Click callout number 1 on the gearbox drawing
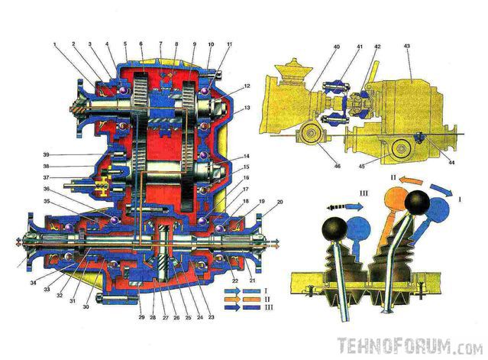56,45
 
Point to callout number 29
141,314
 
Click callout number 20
260,203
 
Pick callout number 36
47,189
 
